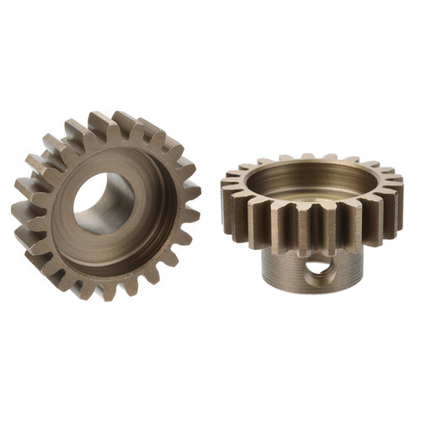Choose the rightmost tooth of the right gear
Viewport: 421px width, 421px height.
pyautogui.click(x=397, y=190)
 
